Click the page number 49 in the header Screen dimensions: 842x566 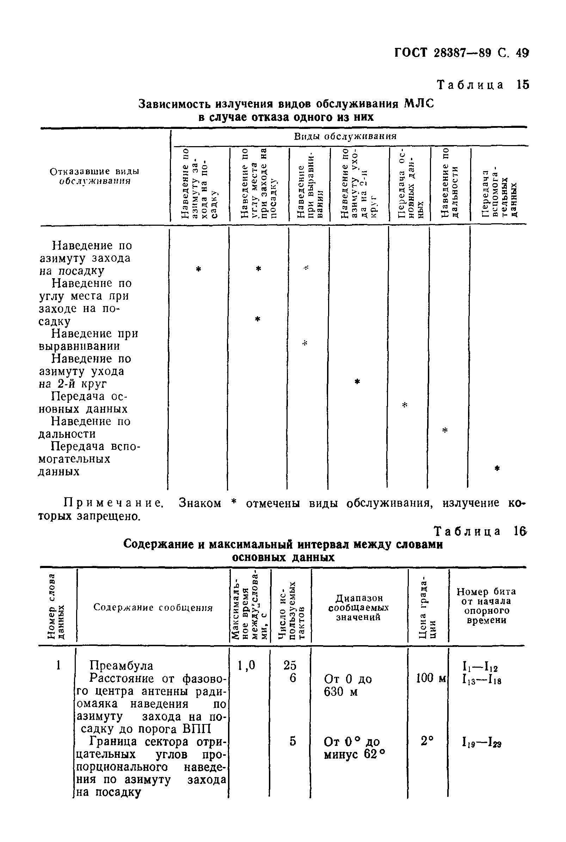click(522, 54)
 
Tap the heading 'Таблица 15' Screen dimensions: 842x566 click(482, 85)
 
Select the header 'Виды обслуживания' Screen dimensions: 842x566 click(345, 136)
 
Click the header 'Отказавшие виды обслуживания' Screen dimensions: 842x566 click(94, 176)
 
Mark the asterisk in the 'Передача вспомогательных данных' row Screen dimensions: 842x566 click(497, 468)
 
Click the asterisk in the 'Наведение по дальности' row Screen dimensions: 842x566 click(445, 430)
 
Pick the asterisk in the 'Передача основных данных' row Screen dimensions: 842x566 click(404, 405)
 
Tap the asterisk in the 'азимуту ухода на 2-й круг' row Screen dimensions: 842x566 click(357, 381)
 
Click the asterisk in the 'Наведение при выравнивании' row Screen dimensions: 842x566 click(304, 343)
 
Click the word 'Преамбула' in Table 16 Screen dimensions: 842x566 click(121, 665)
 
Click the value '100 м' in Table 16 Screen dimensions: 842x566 click(431, 678)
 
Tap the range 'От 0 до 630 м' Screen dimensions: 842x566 click(347, 685)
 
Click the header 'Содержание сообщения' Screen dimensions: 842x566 click(153, 607)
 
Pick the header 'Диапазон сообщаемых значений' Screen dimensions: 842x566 click(358, 607)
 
